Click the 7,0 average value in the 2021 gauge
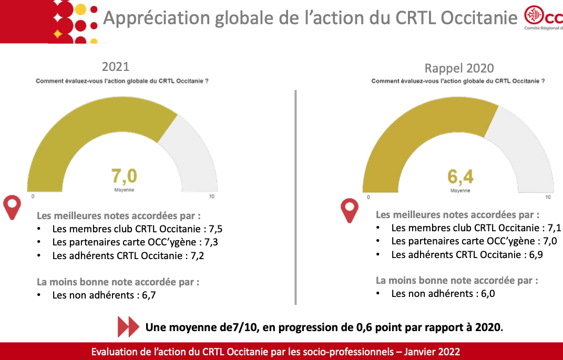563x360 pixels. pos(124,176)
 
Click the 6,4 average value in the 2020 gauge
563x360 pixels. pos(460,176)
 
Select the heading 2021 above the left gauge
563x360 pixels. pos(116,67)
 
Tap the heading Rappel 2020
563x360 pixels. pos(459,68)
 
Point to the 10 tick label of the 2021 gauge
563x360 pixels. pos(212,197)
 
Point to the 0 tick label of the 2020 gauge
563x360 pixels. pos(368,197)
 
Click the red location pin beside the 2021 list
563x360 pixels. pos(12,207)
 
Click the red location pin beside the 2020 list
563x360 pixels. pos(350,210)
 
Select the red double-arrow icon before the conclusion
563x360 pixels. pos(128,327)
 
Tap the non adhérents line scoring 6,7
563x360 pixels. pos(104,295)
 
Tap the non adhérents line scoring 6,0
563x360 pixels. pos(443,293)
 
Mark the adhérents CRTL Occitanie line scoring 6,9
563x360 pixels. pos(467,254)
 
